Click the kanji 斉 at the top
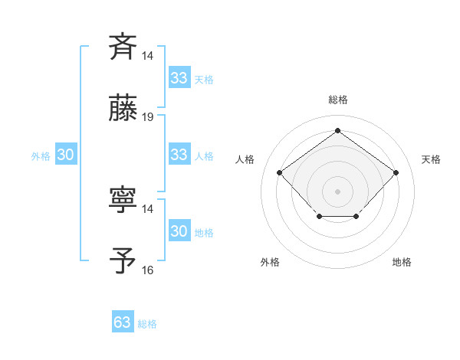[x=123, y=46]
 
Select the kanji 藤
[x=123, y=108]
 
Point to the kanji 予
[x=123, y=260]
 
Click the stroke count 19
[x=148, y=117]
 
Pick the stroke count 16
[x=148, y=270]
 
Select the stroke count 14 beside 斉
[x=148, y=55]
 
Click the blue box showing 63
[x=123, y=322]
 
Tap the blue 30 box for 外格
[x=66, y=155]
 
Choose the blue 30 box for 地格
[x=179, y=231]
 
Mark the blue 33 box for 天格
[x=179, y=78]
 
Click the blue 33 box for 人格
[x=179, y=155]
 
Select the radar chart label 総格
[x=337, y=100]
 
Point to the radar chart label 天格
[x=431, y=159]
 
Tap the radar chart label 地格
[x=402, y=262]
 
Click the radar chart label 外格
[x=270, y=262]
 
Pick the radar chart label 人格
[x=245, y=159]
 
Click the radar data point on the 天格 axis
[x=396, y=172]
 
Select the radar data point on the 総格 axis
[x=337, y=130]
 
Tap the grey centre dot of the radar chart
[x=337, y=190]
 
